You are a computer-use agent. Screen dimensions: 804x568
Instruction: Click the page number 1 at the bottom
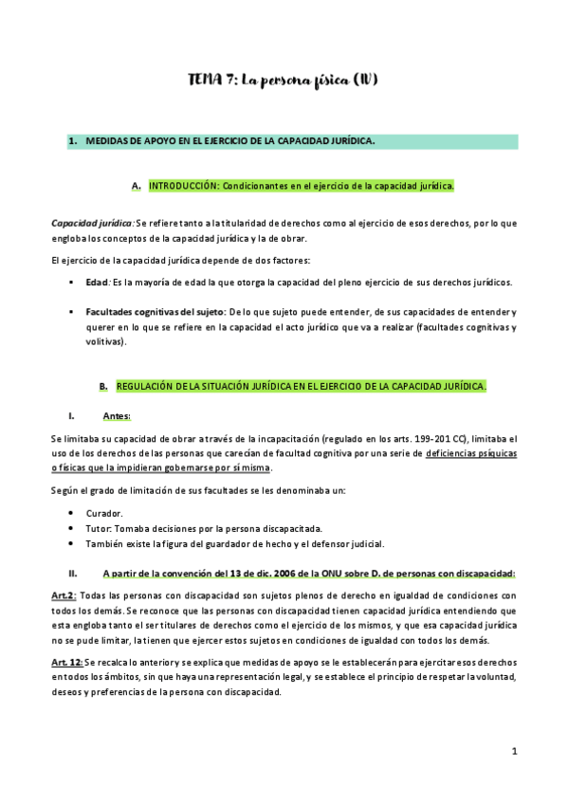513,751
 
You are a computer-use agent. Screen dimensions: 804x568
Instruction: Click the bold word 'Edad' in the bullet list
96,283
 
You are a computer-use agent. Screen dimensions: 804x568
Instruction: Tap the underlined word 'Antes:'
117,416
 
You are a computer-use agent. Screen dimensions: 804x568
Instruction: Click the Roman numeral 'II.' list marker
72,573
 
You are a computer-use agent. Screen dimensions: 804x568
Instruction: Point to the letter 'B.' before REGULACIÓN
104,386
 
